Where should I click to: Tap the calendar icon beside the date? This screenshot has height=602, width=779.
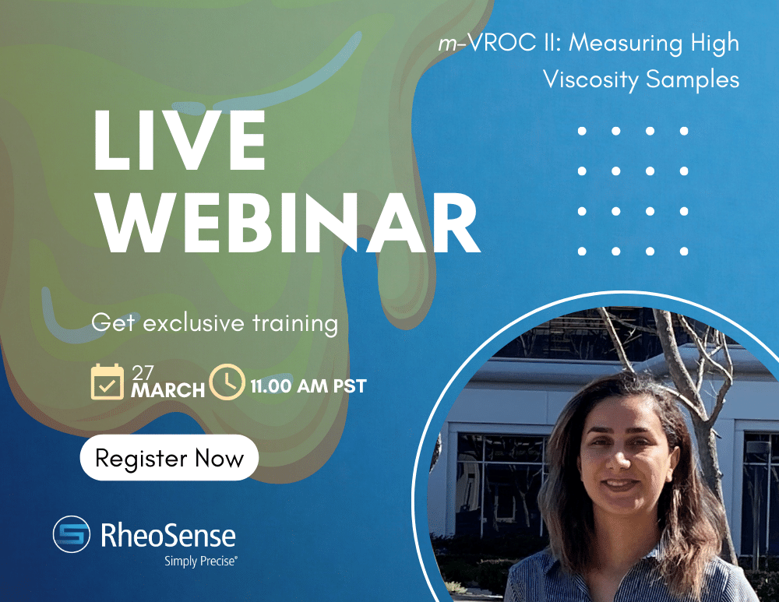(x=108, y=382)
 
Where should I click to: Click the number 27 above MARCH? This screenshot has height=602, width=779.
(x=143, y=371)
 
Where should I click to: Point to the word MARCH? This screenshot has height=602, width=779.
(x=167, y=389)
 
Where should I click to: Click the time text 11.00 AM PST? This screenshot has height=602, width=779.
(x=308, y=385)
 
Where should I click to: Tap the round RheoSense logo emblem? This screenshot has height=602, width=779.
(x=72, y=535)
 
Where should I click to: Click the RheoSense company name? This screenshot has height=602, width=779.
(x=168, y=534)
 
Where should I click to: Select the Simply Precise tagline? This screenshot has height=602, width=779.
(x=200, y=560)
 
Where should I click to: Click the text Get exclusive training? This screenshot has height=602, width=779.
(x=215, y=322)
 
